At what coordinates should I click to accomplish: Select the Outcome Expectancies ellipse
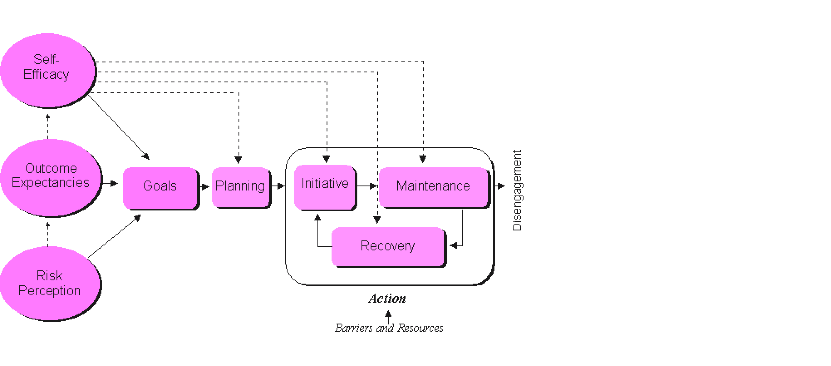coord(51,177)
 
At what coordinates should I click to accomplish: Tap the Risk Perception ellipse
coord(50,284)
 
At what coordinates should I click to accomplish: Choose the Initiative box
coord(325,186)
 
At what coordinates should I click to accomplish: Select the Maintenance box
coord(433,186)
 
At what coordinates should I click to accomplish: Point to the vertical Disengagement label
coord(517,190)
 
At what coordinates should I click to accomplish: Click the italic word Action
coord(387,299)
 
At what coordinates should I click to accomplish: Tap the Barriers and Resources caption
coord(389,329)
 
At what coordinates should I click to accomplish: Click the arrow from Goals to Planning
coord(204,187)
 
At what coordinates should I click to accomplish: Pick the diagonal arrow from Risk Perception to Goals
coord(114,236)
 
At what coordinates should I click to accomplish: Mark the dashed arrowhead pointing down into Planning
coord(238,160)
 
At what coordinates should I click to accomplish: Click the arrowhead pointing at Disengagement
coord(501,186)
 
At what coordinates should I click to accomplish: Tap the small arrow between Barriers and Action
coord(388,317)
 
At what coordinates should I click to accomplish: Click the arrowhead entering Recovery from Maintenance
coord(454,246)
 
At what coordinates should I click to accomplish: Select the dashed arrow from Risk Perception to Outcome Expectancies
coord(48,234)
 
